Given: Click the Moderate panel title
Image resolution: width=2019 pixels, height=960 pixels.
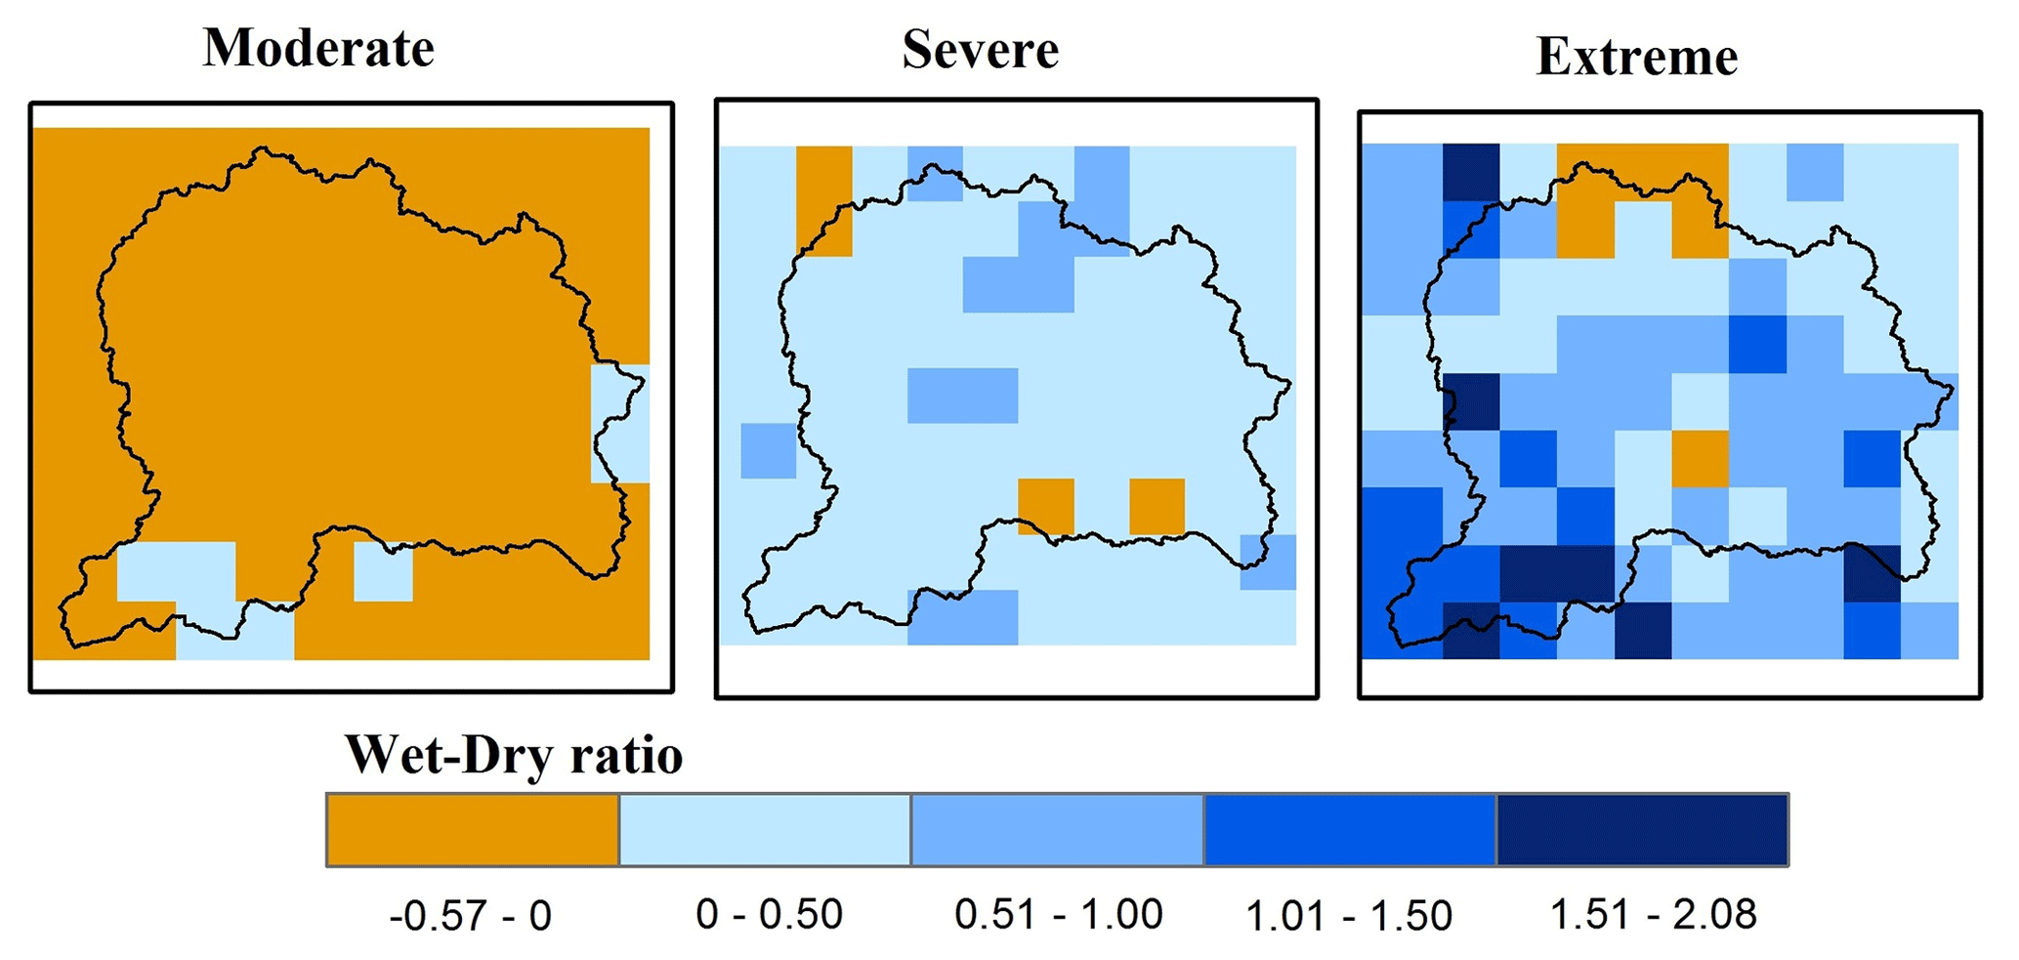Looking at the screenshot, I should tap(318, 48).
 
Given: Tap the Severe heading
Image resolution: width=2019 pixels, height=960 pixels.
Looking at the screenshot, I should tap(980, 50).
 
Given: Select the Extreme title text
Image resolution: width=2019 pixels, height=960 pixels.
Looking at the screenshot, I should tap(1636, 57).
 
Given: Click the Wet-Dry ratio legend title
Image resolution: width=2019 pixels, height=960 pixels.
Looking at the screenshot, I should tap(514, 755).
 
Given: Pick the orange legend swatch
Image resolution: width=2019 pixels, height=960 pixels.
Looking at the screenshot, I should tap(473, 830).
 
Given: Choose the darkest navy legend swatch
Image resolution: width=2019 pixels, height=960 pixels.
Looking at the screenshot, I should tap(1642, 830).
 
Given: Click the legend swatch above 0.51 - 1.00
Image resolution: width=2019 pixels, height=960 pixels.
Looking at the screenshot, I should tap(1057, 830).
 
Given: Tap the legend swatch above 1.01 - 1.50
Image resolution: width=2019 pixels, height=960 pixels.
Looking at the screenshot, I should tap(1350, 830).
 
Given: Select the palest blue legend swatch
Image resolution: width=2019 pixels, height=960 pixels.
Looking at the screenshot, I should tap(765, 830).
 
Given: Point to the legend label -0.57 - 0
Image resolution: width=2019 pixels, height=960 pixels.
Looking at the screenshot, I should tap(470, 916).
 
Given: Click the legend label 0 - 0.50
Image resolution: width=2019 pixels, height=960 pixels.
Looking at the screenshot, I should tap(769, 915).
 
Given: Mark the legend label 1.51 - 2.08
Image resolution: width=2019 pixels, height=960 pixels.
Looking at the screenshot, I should tap(1653, 915).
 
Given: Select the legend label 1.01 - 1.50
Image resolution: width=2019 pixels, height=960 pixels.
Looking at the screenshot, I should tap(1349, 916).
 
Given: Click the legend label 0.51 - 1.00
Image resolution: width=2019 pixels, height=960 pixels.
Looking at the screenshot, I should tap(1058, 915).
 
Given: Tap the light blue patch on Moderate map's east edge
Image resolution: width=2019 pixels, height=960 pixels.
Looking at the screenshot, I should tap(619, 424).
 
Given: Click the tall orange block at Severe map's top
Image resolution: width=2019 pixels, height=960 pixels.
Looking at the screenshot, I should tap(824, 201).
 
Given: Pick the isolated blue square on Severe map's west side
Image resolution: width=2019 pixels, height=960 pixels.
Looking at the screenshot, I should tap(769, 450).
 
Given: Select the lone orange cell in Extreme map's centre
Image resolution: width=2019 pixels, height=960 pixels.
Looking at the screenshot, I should tap(1700, 458).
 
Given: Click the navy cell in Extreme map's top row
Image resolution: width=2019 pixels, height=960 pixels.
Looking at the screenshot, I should tap(1471, 172).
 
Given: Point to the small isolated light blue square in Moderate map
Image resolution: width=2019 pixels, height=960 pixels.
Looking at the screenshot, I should tap(383, 571).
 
